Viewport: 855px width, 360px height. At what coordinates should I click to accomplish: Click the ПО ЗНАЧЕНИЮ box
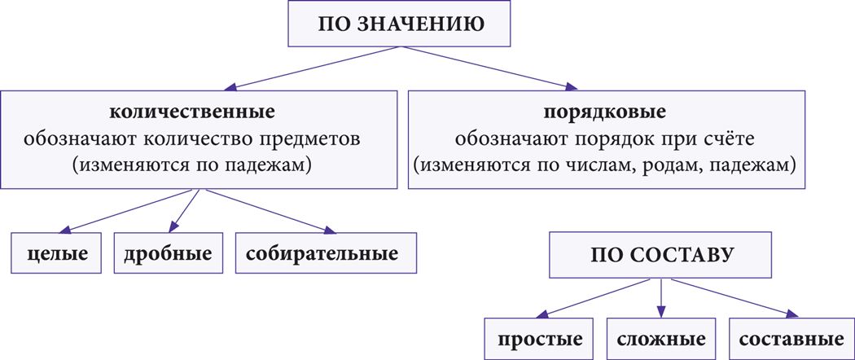[399, 24]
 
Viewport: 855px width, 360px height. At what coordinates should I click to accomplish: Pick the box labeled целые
[57, 253]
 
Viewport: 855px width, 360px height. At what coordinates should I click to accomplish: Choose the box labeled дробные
[168, 253]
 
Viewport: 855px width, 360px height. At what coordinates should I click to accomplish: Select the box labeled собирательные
[326, 253]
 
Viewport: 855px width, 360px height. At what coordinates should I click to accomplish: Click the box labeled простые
[540, 340]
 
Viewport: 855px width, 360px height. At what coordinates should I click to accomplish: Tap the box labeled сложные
[661, 340]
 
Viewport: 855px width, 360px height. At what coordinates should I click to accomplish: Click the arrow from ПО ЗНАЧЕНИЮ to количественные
[313, 68]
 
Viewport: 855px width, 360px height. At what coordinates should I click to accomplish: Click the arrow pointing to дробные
[184, 210]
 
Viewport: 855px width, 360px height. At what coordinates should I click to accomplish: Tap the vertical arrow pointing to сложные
[661, 298]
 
